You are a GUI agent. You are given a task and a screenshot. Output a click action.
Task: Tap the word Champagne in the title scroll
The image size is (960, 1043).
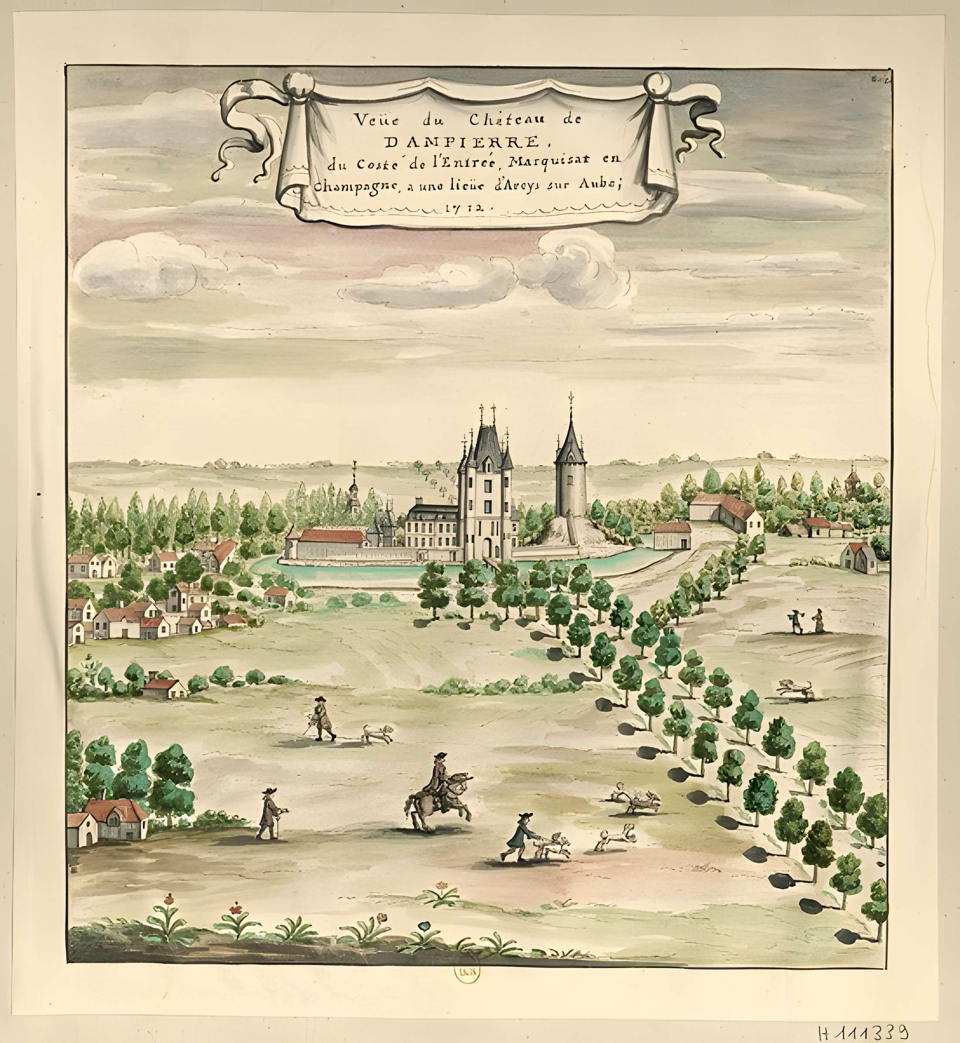click(x=356, y=186)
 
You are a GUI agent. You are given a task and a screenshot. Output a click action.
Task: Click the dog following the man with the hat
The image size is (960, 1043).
click(x=377, y=733)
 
